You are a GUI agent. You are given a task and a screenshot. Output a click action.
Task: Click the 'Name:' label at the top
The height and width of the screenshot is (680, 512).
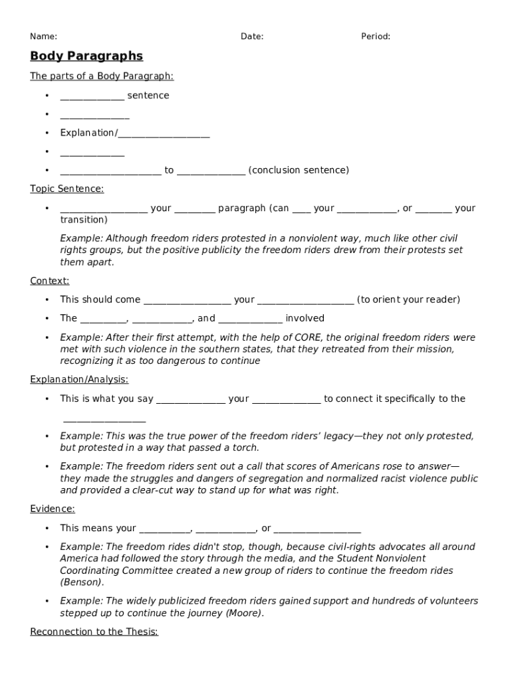point(43,37)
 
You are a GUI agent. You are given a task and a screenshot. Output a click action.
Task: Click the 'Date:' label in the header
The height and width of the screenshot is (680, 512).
point(252,37)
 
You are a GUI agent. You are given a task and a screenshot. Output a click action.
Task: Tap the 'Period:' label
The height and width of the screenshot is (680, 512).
point(376,37)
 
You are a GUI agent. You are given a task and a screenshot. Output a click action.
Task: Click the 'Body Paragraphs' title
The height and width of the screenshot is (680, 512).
point(86,56)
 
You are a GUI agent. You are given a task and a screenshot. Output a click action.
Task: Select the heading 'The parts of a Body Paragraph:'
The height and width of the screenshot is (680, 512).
point(102,76)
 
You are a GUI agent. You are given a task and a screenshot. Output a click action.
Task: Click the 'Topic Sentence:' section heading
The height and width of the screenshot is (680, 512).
point(66,189)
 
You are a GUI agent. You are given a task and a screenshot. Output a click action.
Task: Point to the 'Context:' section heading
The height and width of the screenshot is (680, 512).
point(49,281)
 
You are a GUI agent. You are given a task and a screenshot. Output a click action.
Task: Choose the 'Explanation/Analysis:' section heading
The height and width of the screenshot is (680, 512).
point(79,380)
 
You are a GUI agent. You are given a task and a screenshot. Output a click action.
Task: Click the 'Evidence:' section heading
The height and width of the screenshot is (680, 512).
point(53,509)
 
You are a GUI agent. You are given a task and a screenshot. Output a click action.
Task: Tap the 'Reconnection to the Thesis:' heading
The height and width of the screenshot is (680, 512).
point(94,632)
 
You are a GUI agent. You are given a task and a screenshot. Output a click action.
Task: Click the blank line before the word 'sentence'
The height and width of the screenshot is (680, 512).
point(92,96)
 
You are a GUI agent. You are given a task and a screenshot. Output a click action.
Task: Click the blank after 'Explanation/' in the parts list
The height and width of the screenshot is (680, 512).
point(164,133)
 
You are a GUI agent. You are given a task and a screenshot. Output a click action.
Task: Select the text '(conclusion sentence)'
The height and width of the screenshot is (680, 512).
point(299,171)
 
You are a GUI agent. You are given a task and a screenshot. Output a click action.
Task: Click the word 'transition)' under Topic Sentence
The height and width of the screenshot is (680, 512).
point(84,220)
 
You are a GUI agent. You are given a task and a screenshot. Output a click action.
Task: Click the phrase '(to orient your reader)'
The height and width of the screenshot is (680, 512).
point(408,299)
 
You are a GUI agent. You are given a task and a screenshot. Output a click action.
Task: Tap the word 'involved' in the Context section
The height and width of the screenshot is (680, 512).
point(305,318)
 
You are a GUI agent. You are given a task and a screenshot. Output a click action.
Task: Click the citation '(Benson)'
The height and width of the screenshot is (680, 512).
point(82,582)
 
